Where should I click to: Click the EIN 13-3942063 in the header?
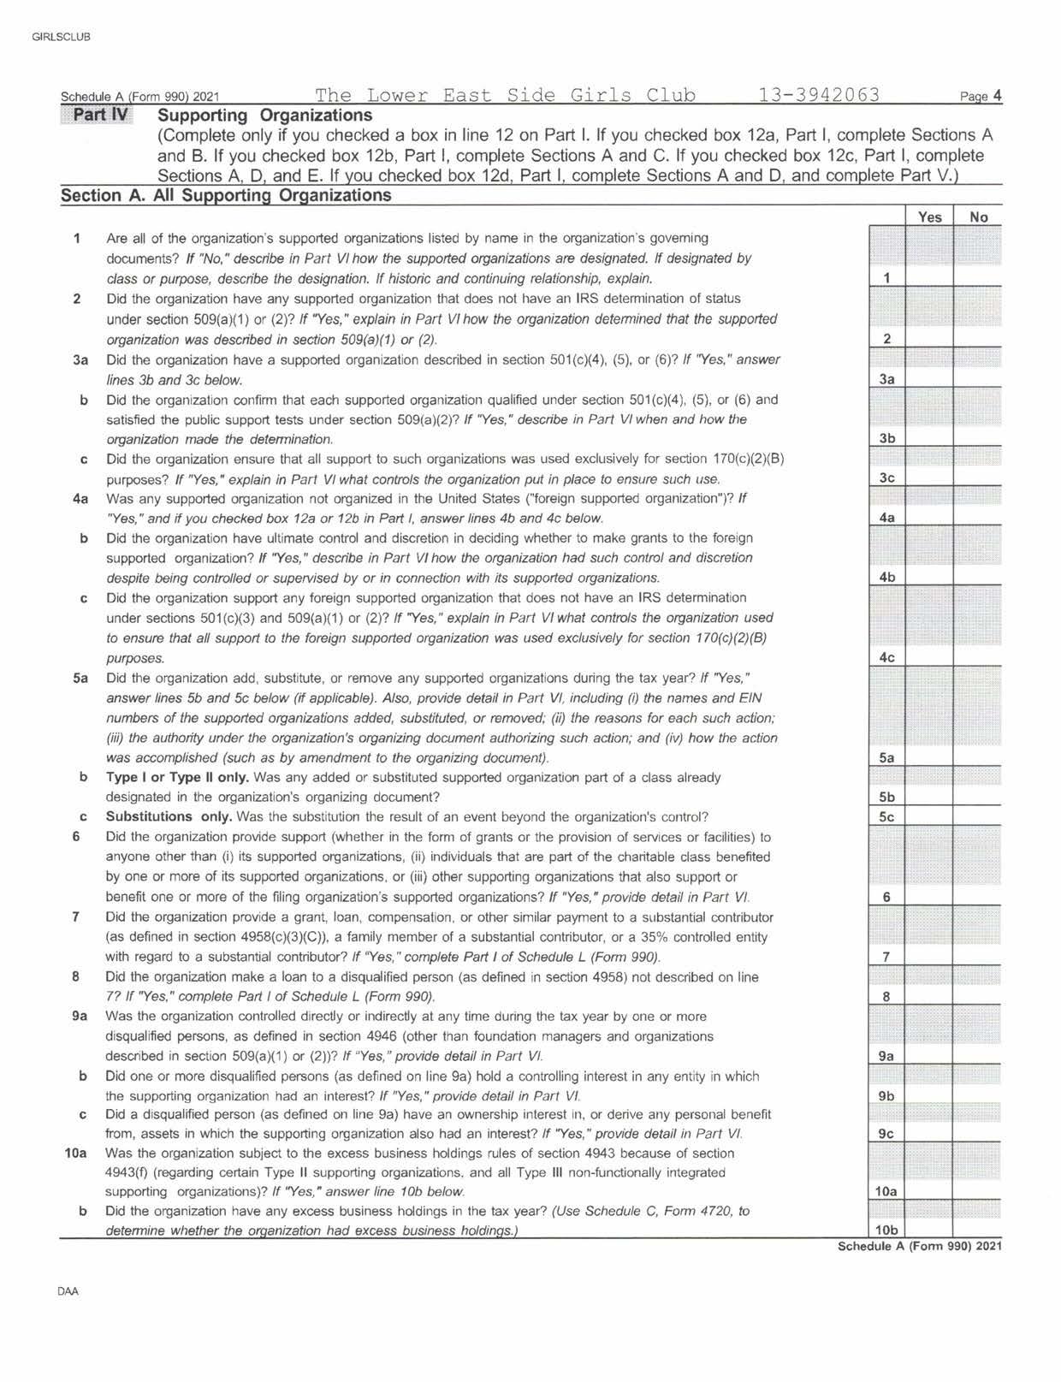click(818, 95)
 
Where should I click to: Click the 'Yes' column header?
click(929, 217)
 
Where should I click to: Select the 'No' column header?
click(978, 217)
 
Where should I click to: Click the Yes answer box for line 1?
click(929, 277)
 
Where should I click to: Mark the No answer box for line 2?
click(978, 338)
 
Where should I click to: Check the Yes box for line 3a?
click(929, 379)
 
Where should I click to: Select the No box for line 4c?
click(978, 657)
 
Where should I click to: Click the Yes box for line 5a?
click(929, 757)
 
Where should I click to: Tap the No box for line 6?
click(978, 897)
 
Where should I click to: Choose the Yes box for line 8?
click(929, 996)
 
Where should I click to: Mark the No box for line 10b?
click(978, 1230)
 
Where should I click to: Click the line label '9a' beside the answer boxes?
click(886, 1056)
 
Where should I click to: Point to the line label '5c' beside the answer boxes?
click(886, 817)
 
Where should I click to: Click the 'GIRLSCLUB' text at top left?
click(60, 37)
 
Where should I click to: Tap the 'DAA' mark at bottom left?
click(68, 1291)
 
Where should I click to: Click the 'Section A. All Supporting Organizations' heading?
click(226, 196)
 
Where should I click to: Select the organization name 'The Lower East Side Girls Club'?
click(505, 95)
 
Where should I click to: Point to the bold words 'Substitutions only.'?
click(169, 816)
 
